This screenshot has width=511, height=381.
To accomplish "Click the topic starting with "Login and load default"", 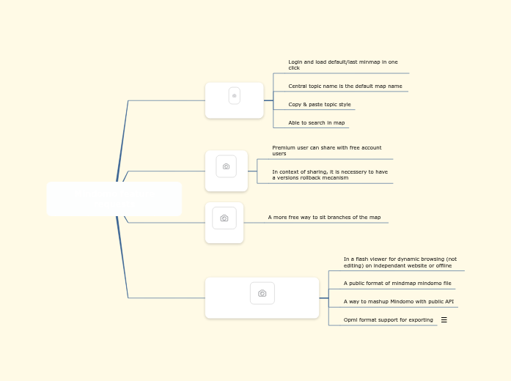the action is pos(342,65).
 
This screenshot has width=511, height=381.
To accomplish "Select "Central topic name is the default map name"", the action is pos(345,86).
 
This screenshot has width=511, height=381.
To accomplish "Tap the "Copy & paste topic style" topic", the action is pos(319,105).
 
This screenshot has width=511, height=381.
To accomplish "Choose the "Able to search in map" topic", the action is pos(316,123).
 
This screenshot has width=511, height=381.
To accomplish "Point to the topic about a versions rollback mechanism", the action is pos(330,174).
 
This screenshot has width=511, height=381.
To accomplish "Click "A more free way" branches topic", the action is pos(324,218).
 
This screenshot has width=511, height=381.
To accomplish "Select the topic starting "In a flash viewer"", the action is pos(400,262).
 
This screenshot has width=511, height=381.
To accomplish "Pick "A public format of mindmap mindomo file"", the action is pos(397,283).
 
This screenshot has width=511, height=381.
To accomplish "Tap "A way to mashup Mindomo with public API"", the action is pos(398,301).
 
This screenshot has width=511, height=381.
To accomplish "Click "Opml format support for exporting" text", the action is pos(388,320).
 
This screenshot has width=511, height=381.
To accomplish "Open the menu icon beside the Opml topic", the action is pos(444,320).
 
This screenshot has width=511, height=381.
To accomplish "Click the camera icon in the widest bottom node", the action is pos(262,293).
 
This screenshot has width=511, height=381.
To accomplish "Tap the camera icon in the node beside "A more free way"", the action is pos(224,218).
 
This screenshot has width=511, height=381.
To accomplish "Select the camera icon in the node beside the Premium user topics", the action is pos(226,166).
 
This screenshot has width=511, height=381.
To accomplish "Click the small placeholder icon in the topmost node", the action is pos(234,95).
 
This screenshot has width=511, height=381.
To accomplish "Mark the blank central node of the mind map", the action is pos(114,199).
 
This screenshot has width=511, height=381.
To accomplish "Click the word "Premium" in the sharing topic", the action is pos(283,148).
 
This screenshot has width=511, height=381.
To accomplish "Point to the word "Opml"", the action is pos(350,320).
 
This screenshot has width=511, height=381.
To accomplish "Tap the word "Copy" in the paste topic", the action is pos(295,105).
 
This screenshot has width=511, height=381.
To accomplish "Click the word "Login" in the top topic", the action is pos(295,62).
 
